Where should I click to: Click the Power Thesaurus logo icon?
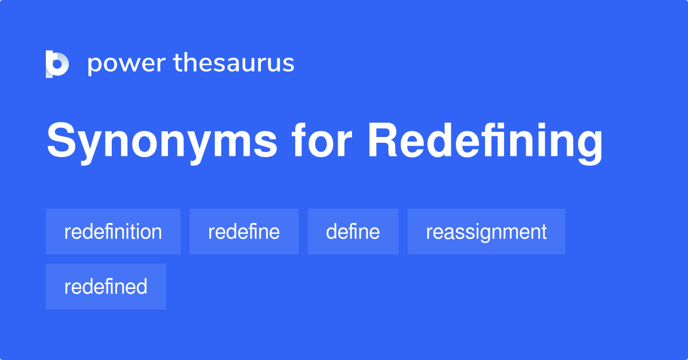(57, 64)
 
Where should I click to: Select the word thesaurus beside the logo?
(234, 63)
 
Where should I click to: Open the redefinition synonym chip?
(113, 232)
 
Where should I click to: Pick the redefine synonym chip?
(244, 232)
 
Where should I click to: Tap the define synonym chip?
(353, 232)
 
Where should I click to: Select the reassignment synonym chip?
(486, 232)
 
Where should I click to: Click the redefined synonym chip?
(105, 287)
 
